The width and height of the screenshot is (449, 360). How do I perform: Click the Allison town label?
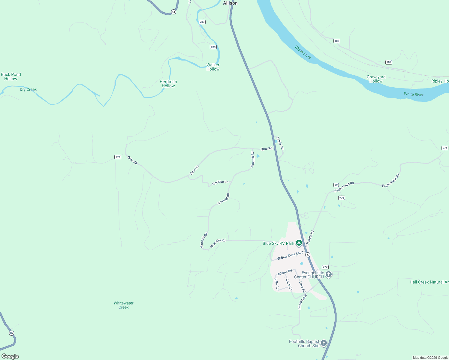(230, 3)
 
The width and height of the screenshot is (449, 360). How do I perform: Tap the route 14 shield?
(173, 12)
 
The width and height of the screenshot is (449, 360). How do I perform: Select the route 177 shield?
(118, 157)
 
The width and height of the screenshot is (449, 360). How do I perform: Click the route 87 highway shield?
(11, 333)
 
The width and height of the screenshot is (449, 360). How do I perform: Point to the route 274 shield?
(445, 148)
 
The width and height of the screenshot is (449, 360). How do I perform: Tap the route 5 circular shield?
(308, 255)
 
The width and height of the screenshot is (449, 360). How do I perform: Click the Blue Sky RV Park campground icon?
(299, 243)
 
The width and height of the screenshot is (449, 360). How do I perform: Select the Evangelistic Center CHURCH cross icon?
(329, 274)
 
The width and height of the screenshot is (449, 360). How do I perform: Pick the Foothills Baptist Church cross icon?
(324, 343)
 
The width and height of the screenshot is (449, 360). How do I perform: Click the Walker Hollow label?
(213, 67)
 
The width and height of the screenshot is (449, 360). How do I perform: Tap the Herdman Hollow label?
(168, 84)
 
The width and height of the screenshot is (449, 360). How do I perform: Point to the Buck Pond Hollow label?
(11, 76)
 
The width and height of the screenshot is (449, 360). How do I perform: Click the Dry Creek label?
(28, 89)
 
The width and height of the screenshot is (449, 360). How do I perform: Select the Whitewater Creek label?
(124, 305)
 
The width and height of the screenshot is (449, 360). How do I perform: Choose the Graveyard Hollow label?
(376, 79)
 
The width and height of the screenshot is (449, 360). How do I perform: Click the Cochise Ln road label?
(220, 182)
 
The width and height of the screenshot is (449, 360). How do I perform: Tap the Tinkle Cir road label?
(280, 143)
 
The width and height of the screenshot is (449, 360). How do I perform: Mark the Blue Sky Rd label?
(218, 243)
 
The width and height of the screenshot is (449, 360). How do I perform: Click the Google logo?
(10, 356)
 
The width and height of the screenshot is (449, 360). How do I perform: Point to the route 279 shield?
(342, 198)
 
